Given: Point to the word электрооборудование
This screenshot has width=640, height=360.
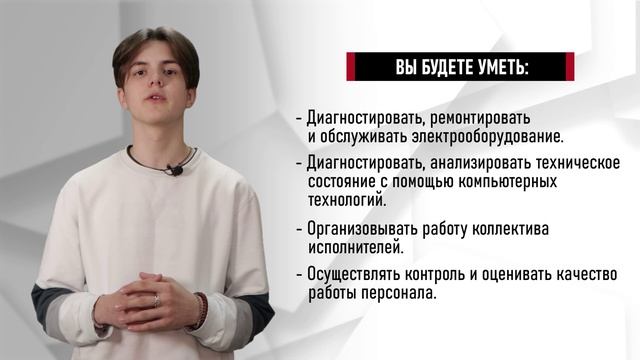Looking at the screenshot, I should coord(476,135).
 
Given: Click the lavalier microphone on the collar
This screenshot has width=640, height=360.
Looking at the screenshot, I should coord(175,170).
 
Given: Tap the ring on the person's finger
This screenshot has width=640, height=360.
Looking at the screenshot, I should coord(155,300).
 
